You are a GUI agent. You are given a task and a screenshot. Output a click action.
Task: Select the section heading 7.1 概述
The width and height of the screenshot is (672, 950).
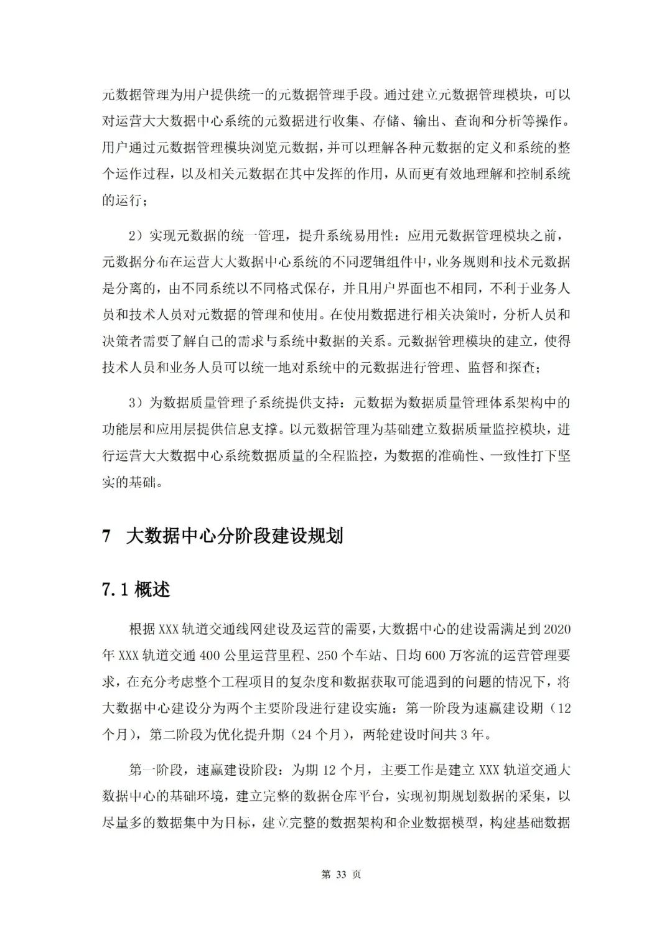136,590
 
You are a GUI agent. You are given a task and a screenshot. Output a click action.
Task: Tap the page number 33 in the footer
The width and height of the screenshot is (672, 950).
340,874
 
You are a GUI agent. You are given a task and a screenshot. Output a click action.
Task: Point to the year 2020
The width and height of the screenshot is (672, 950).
557,628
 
